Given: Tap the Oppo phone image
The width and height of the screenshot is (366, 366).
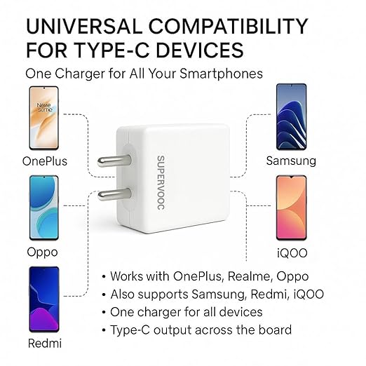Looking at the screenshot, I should coord(43,208).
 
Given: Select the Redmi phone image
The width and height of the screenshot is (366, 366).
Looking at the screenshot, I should coord(43,299).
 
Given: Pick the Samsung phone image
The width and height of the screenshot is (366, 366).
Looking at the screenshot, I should coord(291,117).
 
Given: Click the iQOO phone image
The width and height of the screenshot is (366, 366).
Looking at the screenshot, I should coord(291,208).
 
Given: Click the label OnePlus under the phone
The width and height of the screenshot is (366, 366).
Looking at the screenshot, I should coord(45,161).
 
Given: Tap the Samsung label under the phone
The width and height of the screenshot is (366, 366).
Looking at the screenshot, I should coord(291,161).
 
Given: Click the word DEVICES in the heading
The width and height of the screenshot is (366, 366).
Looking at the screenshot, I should coord(210,50).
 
